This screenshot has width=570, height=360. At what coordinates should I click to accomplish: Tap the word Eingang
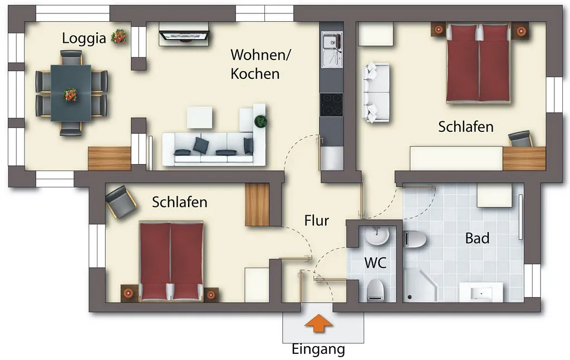318,349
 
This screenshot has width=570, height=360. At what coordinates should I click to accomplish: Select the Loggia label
84,38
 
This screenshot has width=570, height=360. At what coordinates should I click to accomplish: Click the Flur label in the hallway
317,220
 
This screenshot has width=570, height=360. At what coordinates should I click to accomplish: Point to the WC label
375,263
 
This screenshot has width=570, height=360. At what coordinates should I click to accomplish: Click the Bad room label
477,238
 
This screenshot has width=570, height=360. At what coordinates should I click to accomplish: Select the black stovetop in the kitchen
332,105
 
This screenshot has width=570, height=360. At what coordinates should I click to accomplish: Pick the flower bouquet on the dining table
70,95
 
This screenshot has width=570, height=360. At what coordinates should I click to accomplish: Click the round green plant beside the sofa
261,121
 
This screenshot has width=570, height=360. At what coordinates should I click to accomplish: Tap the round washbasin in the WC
377,236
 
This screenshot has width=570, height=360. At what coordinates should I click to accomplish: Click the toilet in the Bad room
415,239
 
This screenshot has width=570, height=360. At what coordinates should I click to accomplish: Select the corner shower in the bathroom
419,285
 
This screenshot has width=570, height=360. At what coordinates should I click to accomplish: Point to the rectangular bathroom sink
481,293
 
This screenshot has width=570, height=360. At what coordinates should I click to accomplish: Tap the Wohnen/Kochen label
261,65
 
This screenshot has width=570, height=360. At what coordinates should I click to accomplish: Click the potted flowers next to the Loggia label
119,37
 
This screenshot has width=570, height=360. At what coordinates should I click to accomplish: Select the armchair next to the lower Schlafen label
121,202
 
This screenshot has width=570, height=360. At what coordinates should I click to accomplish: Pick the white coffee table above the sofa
200,117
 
